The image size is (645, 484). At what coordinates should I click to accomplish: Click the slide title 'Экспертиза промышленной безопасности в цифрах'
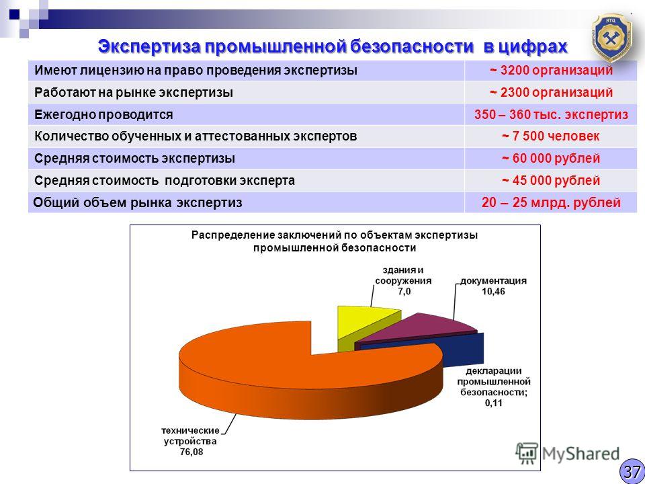(333, 46)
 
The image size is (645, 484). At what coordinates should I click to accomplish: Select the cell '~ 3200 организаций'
(551, 71)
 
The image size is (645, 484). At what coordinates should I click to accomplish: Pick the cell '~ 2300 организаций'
(551, 92)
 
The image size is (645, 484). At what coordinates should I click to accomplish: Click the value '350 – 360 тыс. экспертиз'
(551, 114)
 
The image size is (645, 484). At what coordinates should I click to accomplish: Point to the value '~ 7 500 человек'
(551, 136)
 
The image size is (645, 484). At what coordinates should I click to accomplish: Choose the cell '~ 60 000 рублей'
(551, 159)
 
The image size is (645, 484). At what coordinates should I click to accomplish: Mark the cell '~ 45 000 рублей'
(551, 180)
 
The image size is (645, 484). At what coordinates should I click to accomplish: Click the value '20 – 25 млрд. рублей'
(551, 202)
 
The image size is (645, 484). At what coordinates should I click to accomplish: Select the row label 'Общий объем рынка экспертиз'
(137, 202)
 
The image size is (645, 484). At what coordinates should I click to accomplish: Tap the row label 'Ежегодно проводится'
(103, 114)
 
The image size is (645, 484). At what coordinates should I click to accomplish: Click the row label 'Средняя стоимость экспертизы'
(135, 159)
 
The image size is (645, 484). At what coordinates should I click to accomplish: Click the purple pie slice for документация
(415, 329)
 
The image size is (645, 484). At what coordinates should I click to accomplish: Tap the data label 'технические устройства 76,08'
(190, 441)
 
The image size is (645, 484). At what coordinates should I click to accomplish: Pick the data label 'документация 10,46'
(493, 286)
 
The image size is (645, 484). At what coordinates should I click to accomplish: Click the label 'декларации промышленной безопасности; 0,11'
(494, 387)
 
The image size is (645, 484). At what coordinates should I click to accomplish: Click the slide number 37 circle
(632, 471)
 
